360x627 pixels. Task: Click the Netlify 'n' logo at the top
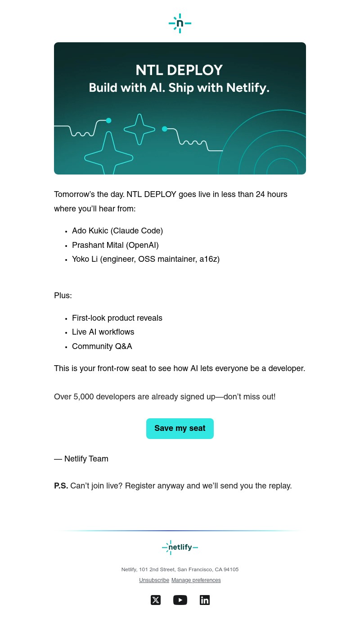click(x=180, y=23)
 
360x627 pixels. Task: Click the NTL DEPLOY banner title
click(x=179, y=71)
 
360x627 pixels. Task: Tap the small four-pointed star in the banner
click(x=139, y=129)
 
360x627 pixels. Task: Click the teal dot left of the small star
click(x=108, y=121)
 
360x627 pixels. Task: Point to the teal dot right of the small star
click(x=165, y=129)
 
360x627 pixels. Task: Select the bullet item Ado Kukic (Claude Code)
click(x=117, y=231)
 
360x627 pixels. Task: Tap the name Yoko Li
click(x=85, y=260)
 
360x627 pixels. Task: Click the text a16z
click(x=208, y=260)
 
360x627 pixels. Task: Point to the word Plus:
click(x=63, y=296)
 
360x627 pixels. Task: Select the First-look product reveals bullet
click(x=117, y=318)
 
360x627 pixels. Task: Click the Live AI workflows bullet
click(x=103, y=332)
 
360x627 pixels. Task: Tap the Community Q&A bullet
click(x=102, y=347)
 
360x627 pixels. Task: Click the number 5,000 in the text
click(x=84, y=397)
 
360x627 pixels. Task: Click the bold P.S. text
click(x=61, y=486)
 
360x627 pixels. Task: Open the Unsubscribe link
click(x=154, y=581)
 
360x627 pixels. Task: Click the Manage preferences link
click(x=196, y=581)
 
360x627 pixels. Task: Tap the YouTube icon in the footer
click(x=180, y=600)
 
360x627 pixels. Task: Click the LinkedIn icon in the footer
click(x=205, y=600)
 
